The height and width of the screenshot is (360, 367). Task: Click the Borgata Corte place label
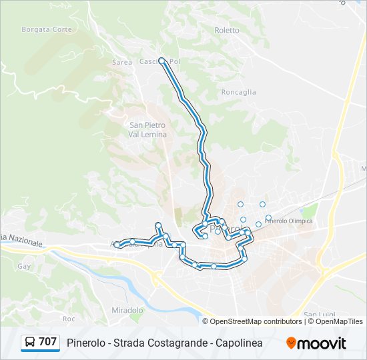46,29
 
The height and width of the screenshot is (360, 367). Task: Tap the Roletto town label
226,30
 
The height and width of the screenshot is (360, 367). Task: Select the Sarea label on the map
122,62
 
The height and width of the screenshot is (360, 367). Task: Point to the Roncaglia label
238,93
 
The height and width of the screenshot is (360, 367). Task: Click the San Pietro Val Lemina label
147,129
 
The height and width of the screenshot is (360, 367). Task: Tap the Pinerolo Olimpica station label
289,221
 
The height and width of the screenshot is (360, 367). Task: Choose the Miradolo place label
127,311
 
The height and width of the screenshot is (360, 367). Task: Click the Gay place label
25,266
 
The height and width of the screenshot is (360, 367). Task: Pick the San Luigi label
319,315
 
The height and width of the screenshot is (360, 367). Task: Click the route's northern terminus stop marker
161,61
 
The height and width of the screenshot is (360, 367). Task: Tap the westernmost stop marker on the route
117,245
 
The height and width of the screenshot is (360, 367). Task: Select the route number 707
47,342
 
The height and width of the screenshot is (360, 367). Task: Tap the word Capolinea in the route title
238,343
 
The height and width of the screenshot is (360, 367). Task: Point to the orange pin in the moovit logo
291,343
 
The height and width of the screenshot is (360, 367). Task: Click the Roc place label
69,319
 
